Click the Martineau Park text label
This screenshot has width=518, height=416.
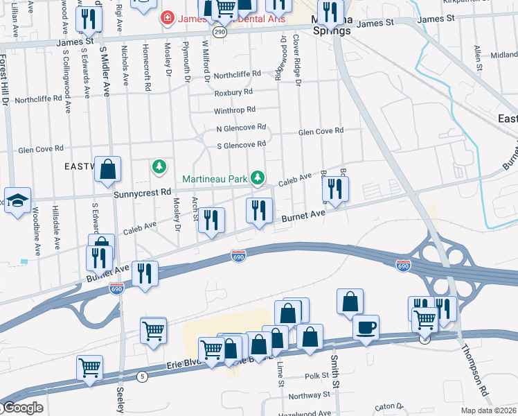[214, 179]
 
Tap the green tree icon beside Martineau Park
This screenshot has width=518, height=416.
[258, 179]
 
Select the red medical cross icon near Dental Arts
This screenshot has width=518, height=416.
[166, 17]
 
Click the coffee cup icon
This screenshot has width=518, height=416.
[366, 327]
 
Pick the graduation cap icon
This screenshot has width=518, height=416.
[17, 200]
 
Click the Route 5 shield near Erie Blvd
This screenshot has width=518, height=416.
[143, 376]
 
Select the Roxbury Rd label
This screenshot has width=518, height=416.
[233, 92]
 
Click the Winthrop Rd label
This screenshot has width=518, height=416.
[235, 110]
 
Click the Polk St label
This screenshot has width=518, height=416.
[318, 376]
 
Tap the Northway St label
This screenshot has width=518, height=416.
[309, 395]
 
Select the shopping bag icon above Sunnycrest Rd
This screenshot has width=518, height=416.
[108, 169]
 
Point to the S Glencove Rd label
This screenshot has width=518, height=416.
[241, 144]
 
